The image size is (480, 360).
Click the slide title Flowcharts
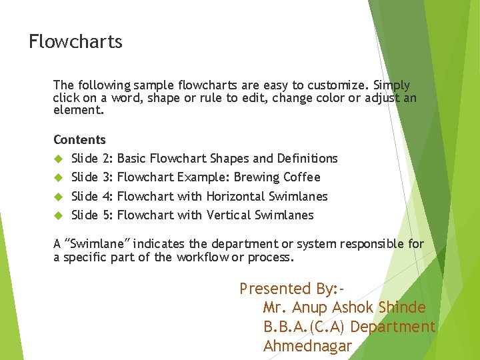point(75,42)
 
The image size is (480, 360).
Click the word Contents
point(79,140)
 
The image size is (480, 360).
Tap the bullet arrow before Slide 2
point(57,159)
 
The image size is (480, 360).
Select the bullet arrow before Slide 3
point(57,177)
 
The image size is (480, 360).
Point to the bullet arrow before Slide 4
point(57,197)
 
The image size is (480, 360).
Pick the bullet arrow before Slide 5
point(57,215)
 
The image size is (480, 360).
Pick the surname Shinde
point(402,308)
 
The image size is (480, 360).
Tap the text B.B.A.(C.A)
point(305,327)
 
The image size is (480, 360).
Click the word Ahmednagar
point(307,346)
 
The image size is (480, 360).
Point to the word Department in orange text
point(393,327)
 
